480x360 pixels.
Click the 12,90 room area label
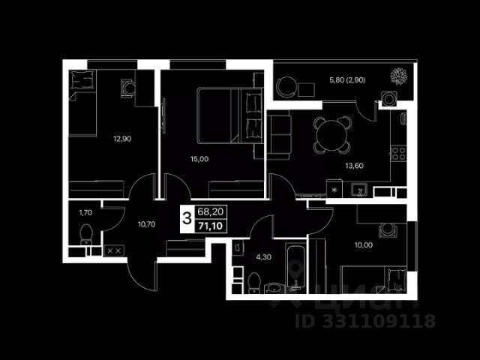pyautogui.click(x=122, y=139)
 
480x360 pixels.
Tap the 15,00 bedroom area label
pyautogui.click(x=199, y=159)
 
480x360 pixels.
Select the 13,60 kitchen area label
pyautogui.click(x=354, y=166)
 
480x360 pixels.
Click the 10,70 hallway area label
pyautogui.click(x=146, y=224)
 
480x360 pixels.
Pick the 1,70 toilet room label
pyautogui.click(x=85, y=212)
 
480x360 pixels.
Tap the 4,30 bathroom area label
pyautogui.click(x=263, y=256)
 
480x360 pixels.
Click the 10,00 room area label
pyautogui.click(x=363, y=245)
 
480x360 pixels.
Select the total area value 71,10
pyautogui.click(x=211, y=226)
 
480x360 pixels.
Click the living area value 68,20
pyautogui.click(x=211, y=211)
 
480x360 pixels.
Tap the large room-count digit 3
pyautogui.click(x=187, y=218)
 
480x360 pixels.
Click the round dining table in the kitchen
pyautogui.click(x=331, y=135)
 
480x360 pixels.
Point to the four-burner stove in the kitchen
pyautogui.click(x=398, y=153)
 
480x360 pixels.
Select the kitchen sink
pyautogui.click(x=358, y=190)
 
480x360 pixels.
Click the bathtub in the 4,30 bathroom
pyautogui.click(x=296, y=267)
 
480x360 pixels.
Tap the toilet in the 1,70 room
pyautogui.click(x=86, y=234)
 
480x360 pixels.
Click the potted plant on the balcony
pyautogui.click(x=398, y=76)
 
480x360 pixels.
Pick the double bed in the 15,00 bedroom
pyautogui.click(x=230, y=115)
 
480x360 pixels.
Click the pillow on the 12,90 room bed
pyautogui.click(x=82, y=79)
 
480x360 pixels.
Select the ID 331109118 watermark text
pyautogui.click(x=365, y=321)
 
